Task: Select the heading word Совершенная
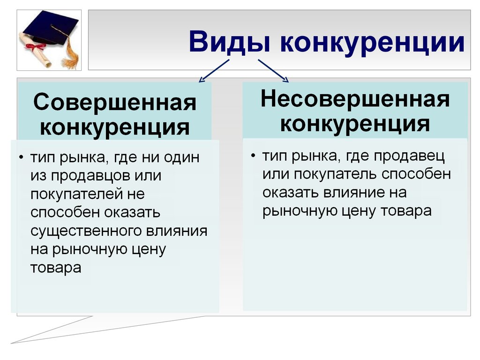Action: pyautogui.click(x=115, y=102)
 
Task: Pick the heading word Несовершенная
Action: pyautogui.click(x=355, y=99)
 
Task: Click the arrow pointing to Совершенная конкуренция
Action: pyautogui.click(x=214, y=71)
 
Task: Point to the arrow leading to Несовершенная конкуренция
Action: pyautogui.click(x=273, y=71)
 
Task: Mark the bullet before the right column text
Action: pyautogui.click(x=253, y=156)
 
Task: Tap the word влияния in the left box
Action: pyautogui.click(x=177, y=231)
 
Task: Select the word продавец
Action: pyautogui.click(x=409, y=157)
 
